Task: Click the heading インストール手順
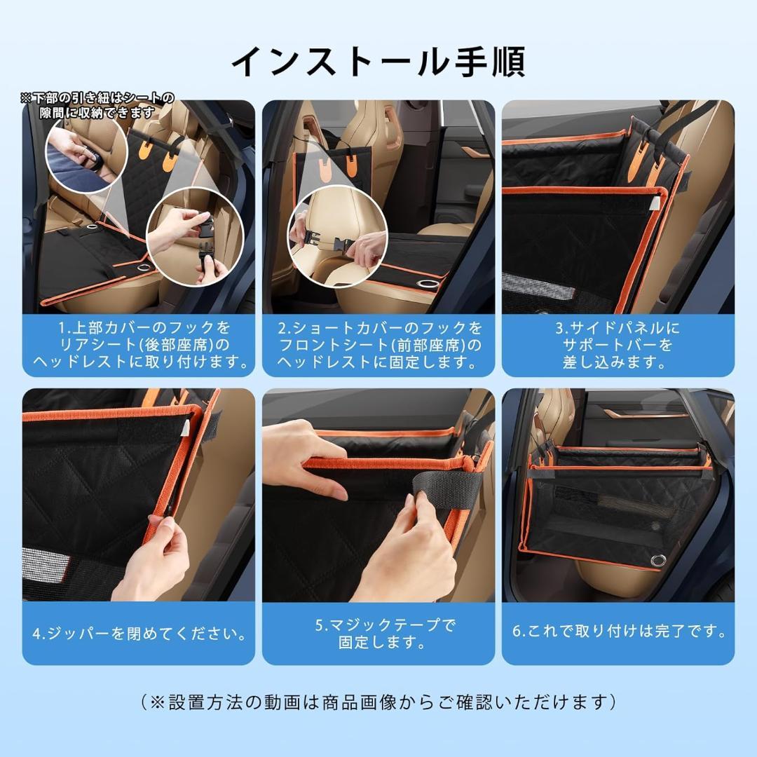click(378, 62)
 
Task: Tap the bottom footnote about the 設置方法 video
click(378, 702)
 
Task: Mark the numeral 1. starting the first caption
click(64, 328)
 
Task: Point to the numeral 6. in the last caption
click(518, 632)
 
